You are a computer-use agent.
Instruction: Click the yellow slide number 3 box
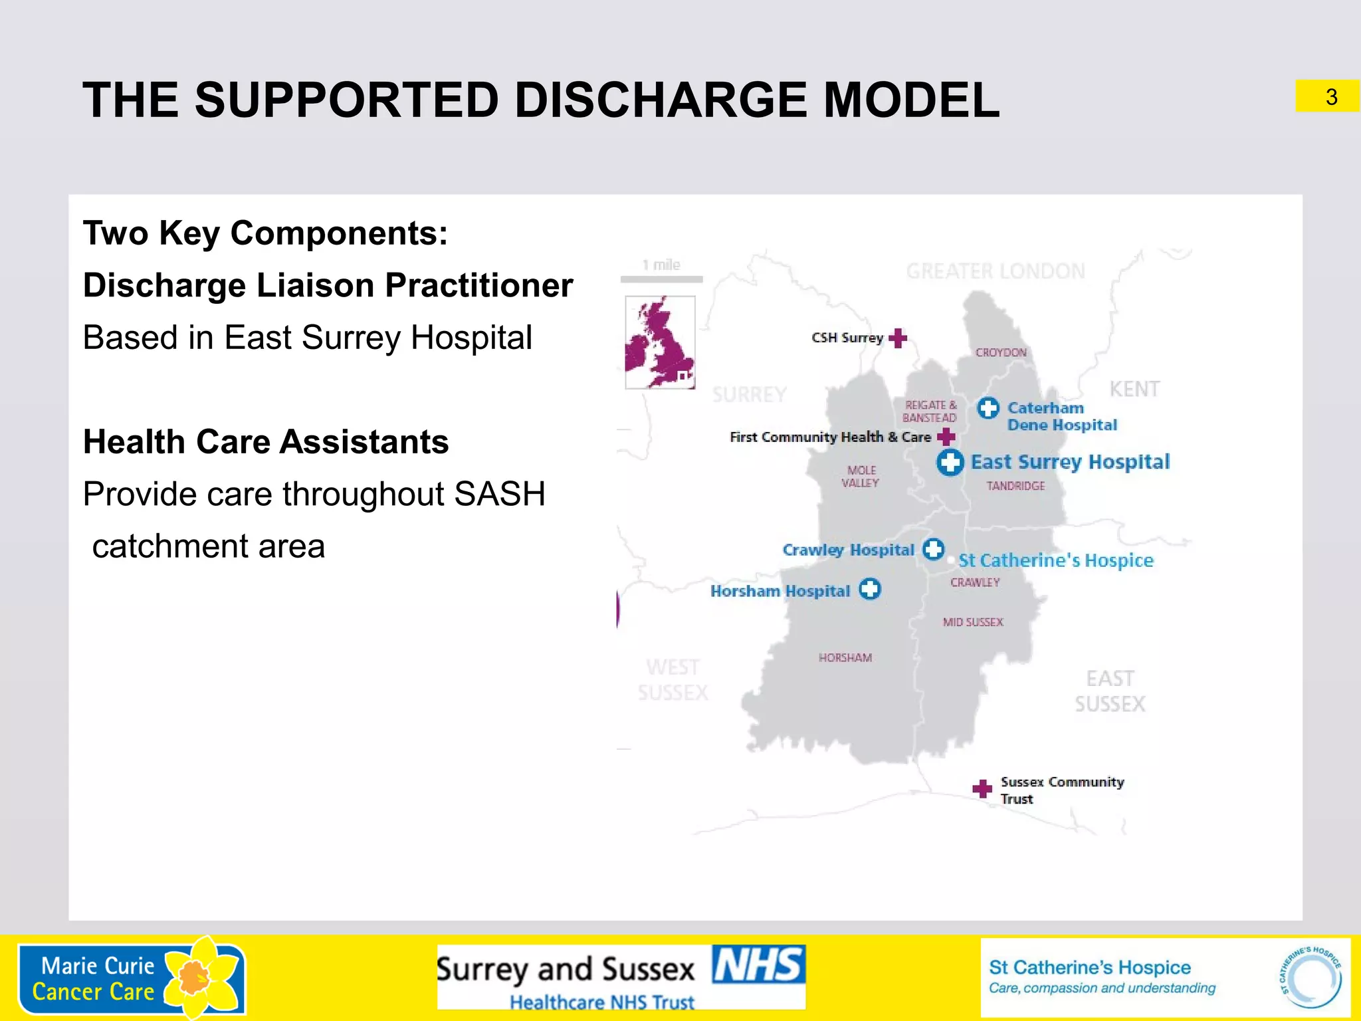tap(1327, 96)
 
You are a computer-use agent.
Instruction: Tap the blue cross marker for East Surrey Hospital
tap(950, 462)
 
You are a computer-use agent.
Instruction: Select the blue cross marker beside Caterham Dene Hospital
tap(988, 407)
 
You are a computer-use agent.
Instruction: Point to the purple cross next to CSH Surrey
tap(898, 338)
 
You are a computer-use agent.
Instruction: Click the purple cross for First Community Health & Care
tap(946, 437)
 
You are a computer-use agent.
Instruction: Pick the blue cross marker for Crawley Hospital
tap(934, 549)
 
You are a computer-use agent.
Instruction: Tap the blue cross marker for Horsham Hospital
tap(870, 589)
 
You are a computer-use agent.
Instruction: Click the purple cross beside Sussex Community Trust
tap(982, 788)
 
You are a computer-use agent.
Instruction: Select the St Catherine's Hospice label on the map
tap(1056, 560)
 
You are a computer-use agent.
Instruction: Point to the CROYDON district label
tap(1001, 352)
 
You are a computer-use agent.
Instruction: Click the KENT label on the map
tap(1134, 389)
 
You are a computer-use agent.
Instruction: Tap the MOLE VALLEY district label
tap(861, 477)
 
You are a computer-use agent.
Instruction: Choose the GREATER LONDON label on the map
tap(995, 271)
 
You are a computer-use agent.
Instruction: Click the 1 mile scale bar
tap(661, 279)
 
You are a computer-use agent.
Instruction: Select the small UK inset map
tap(660, 342)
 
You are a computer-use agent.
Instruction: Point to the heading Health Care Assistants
tap(266, 442)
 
